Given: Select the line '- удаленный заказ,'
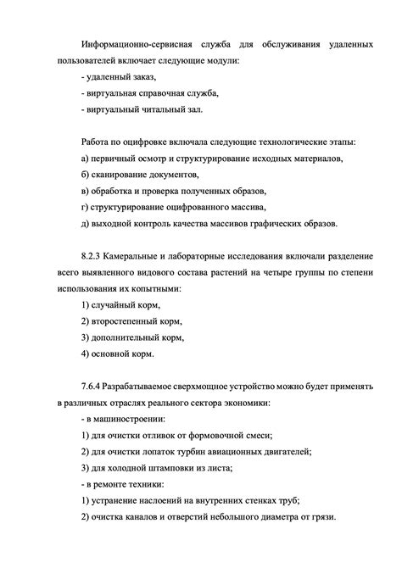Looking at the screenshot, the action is [x=120, y=77].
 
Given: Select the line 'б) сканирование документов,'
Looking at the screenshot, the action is [x=140, y=175].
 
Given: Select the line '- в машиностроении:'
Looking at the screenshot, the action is [x=123, y=418].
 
